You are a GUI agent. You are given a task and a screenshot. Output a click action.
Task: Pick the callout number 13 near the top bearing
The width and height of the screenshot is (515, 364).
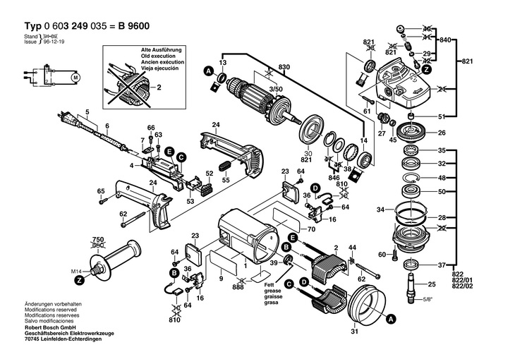click(222, 63)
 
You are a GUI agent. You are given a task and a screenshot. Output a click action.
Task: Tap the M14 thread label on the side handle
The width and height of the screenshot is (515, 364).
click(76, 271)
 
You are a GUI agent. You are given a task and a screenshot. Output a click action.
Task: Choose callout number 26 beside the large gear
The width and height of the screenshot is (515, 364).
click(442, 133)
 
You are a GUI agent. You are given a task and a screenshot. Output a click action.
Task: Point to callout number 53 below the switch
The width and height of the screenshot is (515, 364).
click(190, 201)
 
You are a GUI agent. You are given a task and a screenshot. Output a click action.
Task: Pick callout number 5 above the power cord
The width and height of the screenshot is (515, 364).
click(87, 113)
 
